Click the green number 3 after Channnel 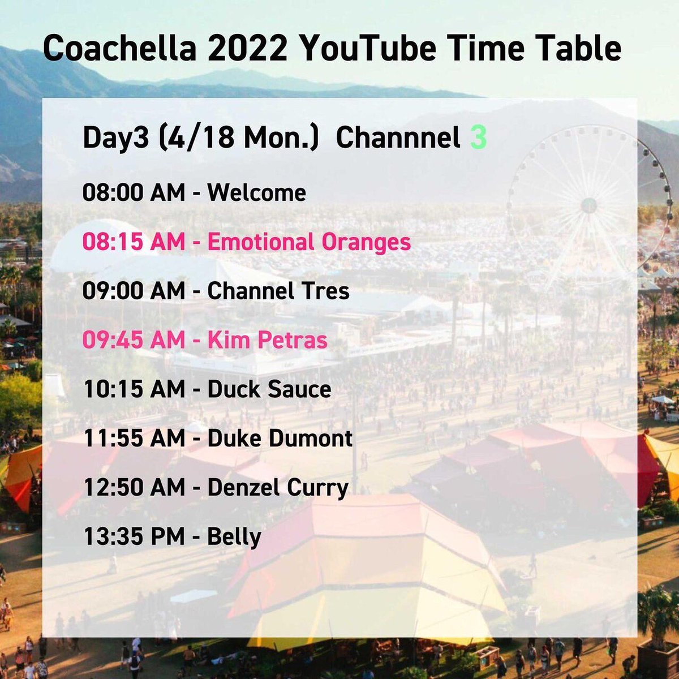click(x=478, y=137)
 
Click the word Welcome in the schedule click(x=256, y=193)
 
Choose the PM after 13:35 click(x=167, y=536)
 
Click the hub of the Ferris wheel click(x=589, y=205)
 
